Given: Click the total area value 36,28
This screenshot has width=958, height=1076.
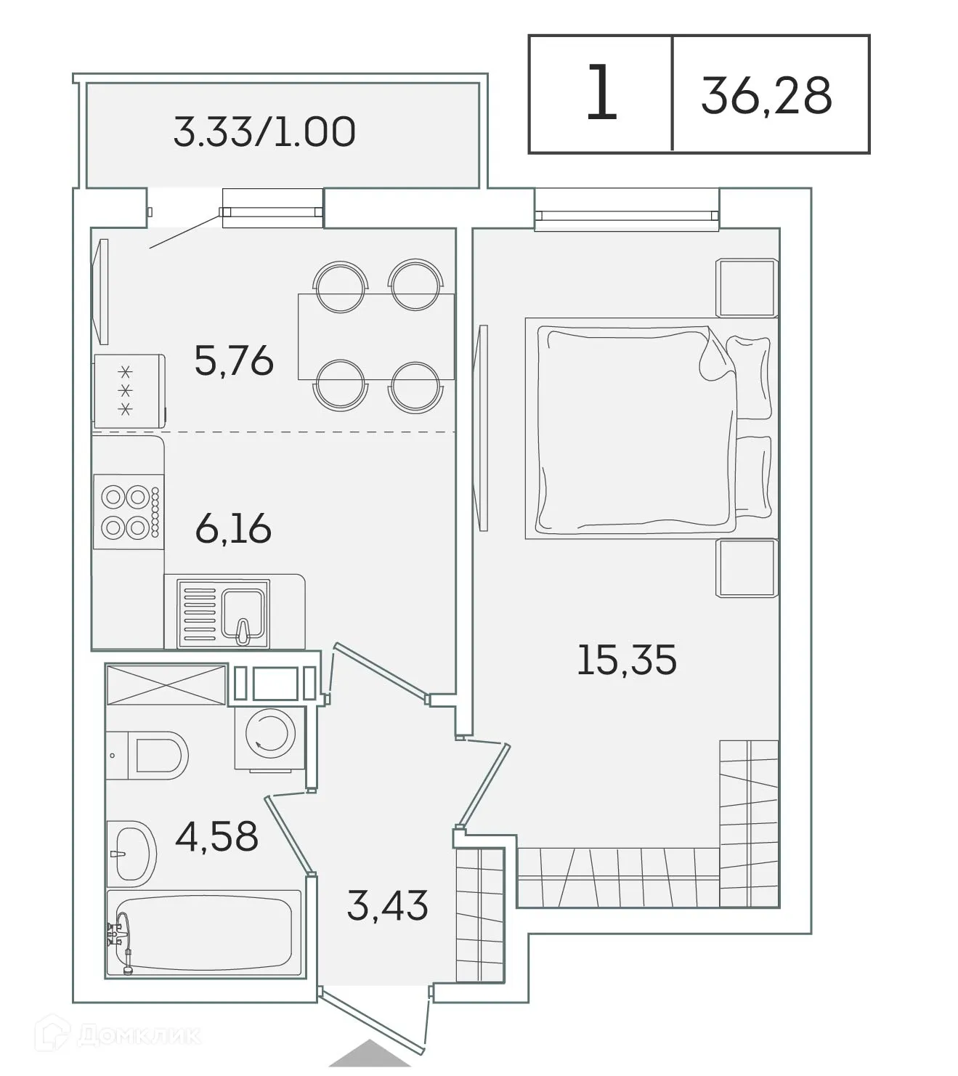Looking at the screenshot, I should [766, 95].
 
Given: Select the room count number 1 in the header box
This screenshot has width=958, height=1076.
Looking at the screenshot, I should [601, 94].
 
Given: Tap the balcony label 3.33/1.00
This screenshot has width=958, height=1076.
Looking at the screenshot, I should [264, 132].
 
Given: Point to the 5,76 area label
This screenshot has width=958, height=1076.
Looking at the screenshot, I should [234, 360].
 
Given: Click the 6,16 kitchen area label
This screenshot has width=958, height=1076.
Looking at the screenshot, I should [233, 528].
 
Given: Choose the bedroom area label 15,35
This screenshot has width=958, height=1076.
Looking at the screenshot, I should [626, 660].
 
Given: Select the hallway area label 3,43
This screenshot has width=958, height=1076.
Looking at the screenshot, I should [387, 906].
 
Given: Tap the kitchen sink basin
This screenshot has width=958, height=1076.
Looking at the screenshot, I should [244, 610].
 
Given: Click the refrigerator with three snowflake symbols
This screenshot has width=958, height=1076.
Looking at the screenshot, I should [129, 391].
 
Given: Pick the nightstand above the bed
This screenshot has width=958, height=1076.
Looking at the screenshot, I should [746, 288].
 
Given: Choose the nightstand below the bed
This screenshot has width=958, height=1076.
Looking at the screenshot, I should [746, 568].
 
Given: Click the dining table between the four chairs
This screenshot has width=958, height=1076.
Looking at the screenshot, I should [376, 336].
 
